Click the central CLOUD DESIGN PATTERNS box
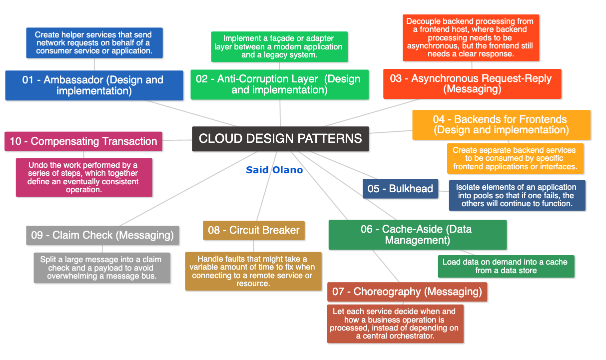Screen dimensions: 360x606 coord(280,139)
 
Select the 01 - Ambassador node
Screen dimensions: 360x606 coord(94,85)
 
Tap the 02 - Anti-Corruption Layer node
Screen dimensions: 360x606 coord(279,84)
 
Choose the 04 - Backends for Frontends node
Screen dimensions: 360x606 coord(501,125)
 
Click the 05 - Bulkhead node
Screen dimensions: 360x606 coord(400,189)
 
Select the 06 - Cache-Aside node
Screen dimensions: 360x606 coord(417,235)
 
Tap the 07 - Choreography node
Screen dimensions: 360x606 coord(407,292)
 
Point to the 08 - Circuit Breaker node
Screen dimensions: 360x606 coord(254,230)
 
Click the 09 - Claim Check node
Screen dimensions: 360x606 coord(102,235)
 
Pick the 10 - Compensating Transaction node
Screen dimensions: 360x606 coord(83,141)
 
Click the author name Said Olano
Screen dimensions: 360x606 coord(274,170)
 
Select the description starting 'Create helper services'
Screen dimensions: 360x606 coord(94,43)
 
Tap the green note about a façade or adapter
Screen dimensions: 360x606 coord(279,46)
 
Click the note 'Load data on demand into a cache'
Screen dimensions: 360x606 coord(506,266)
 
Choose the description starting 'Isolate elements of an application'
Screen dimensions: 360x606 coord(517,195)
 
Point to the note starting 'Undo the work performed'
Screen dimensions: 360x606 coord(83,177)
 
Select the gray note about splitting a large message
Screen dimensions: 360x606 coord(102,268)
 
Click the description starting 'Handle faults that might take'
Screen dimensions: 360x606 coord(253,271)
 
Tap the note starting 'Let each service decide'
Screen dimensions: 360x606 coord(395,324)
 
